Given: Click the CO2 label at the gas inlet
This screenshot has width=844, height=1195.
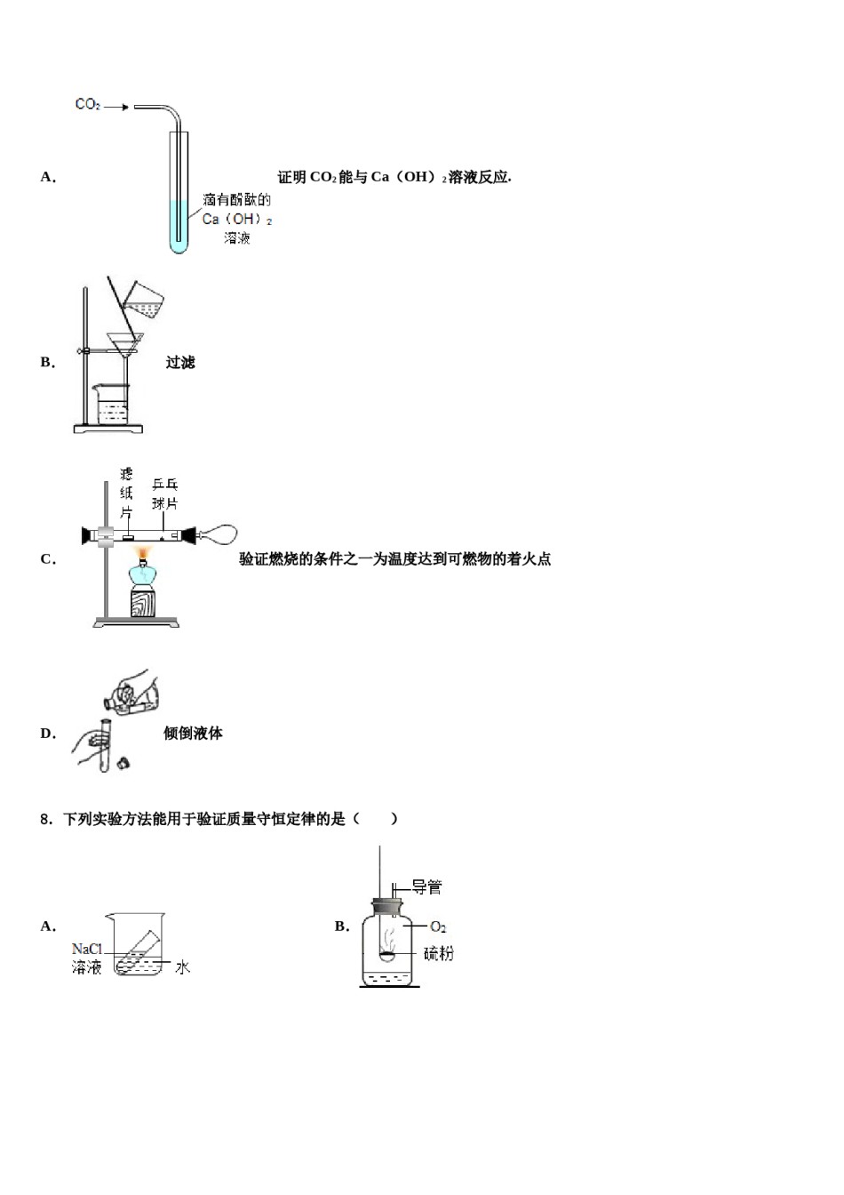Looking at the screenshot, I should [x=87, y=105].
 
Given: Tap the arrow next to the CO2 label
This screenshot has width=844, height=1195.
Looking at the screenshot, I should [x=115, y=107].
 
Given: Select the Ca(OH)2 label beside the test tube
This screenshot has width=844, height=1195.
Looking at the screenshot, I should [x=236, y=219].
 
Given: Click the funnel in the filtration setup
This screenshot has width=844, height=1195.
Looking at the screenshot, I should [x=124, y=343].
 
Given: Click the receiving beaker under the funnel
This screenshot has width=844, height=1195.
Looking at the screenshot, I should [x=112, y=405].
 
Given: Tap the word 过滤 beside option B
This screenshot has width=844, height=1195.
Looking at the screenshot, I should [x=179, y=363].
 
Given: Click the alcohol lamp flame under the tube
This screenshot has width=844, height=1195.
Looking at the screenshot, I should [x=141, y=557].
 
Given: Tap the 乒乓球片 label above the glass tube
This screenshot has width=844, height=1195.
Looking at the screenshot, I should [x=164, y=493].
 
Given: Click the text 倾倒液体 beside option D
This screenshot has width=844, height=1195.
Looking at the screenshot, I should [x=193, y=734].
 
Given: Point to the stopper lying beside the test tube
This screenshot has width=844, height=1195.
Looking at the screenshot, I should [x=123, y=762].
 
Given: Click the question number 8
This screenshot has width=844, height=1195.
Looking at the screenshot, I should [x=45, y=819].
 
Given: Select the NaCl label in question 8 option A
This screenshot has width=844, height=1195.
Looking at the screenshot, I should [x=87, y=949].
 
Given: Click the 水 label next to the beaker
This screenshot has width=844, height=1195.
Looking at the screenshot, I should [x=182, y=967].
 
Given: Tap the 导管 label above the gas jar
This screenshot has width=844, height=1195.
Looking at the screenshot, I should [x=426, y=886].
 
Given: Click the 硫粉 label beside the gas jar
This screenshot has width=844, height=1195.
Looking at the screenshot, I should [x=438, y=954].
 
